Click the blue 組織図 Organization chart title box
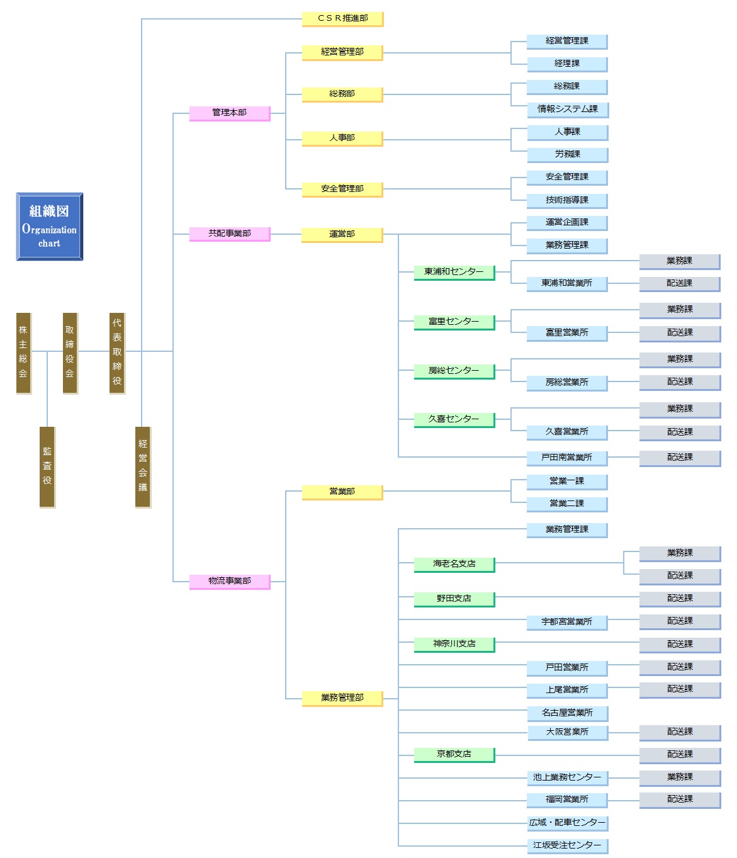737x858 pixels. pos(49,226)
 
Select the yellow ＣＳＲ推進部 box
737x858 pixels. pos(342,19)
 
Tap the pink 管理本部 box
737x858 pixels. pos(230,113)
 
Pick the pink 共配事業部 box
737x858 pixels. pos(230,234)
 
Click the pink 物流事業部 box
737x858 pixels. pos(230,582)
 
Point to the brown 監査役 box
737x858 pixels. pos(47,466)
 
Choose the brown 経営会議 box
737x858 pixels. pos(143,466)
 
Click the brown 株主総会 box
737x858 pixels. pos(24,353)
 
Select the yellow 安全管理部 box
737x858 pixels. pos(342,189)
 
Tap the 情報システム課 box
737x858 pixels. pos(567,110)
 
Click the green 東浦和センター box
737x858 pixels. pos(454,273)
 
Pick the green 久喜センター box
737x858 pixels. pos(454,420)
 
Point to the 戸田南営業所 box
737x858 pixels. pos(567,458)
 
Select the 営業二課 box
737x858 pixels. pos(567,504)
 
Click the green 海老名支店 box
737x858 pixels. pos(454,565)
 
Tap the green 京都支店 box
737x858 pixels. pos(454,755)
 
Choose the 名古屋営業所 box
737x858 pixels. pos(567,714)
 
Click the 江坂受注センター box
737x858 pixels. pos(567,846)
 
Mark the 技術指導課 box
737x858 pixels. pos(567,201)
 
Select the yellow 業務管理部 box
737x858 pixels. pos(342,699)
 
